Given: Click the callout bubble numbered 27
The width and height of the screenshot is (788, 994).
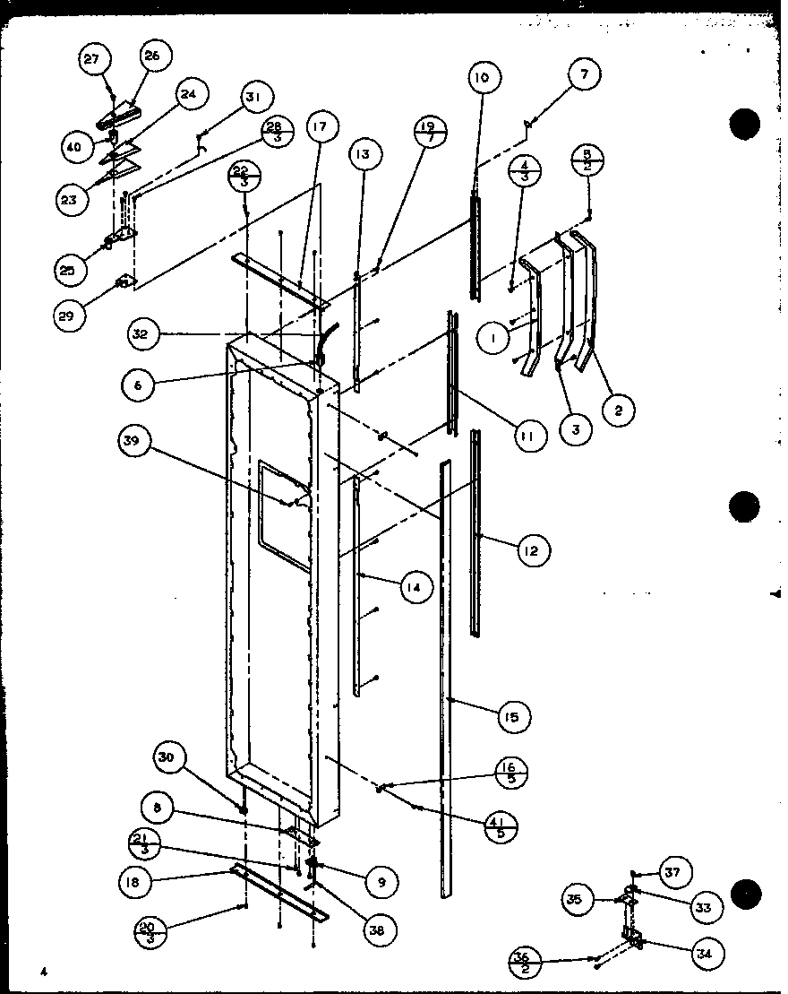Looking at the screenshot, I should tap(92, 59).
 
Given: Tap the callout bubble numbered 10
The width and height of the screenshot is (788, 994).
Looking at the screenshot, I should tap(482, 79).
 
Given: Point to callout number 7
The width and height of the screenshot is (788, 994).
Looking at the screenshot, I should tap(584, 75).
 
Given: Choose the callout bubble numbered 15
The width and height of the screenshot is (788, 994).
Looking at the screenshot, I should tap(511, 715).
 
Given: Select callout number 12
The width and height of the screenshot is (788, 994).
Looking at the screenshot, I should tap(531, 550).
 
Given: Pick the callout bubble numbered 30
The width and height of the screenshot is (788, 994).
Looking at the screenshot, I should tap(167, 757).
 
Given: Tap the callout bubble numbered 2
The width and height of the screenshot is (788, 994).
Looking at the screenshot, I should tap(617, 411).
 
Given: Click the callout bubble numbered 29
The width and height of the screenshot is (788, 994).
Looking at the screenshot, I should tap(71, 315).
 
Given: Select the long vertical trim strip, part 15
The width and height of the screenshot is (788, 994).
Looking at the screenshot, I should tap(445, 672).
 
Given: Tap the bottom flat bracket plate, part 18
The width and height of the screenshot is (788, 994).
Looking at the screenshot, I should tap(278, 893).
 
